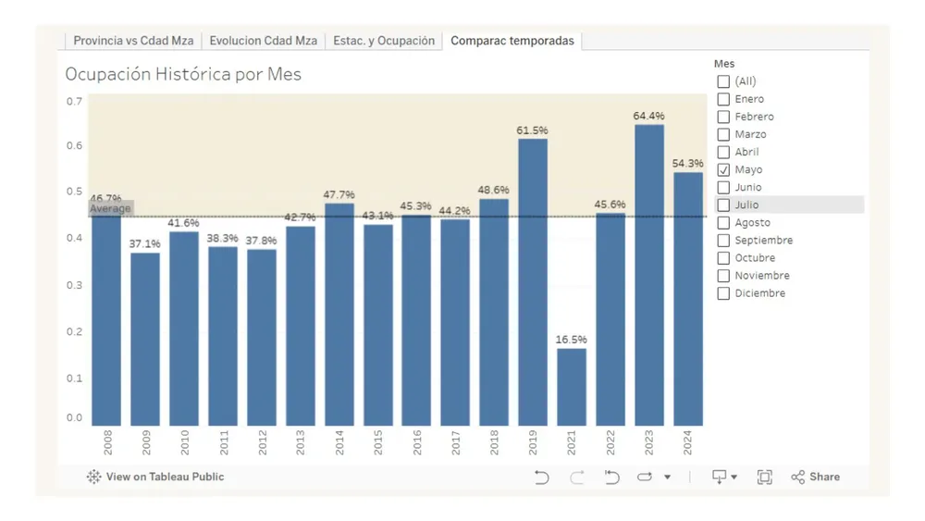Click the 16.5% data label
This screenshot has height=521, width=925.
pyautogui.click(x=571, y=340)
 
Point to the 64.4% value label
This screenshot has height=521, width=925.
pyautogui.click(x=648, y=116)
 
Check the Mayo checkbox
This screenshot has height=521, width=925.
pyautogui.click(x=723, y=169)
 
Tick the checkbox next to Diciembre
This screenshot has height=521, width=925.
pyautogui.click(x=723, y=293)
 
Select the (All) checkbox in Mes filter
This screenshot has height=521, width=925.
pyautogui.click(x=723, y=81)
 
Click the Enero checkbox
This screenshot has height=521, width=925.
pyautogui.click(x=723, y=99)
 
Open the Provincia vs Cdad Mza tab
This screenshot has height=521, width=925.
pyautogui.click(x=133, y=41)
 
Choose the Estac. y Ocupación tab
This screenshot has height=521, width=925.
pyautogui.click(x=385, y=41)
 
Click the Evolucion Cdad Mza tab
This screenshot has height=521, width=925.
pyautogui.click(x=263, y=41)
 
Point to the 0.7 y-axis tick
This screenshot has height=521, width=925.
pyautogui.click(x=74, y=101)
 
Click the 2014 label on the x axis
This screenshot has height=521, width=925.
pyautogui.click(x=339, y=442)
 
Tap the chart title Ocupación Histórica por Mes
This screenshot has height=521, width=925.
pyautogui.click(x=183, y=74)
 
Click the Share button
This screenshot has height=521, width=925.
pyautogui.click(x=815, y=477)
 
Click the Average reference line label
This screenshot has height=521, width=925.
pyautogui.click(x=110, y=209)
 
